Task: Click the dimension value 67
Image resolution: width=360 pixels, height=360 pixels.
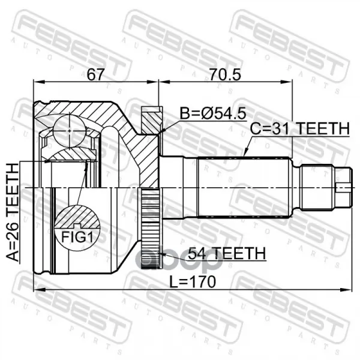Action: tap(95, 74)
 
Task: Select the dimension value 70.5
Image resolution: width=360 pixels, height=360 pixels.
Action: tap(225, 74)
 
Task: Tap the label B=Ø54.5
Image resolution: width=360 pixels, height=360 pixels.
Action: tap(212, 113)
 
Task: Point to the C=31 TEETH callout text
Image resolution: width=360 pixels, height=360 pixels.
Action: tap(299, 128)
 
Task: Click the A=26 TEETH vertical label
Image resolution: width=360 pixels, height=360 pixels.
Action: tap(12, 212)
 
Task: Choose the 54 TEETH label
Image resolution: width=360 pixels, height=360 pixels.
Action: tap(227, 253)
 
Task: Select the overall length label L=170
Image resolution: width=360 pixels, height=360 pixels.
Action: tap(193, 282)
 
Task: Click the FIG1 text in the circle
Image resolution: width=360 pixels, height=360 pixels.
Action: tap(77, 237)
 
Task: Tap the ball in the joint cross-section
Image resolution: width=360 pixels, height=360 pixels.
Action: tap(69, 131)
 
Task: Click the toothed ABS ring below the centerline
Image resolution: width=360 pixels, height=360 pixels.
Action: tap(151, 228)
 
